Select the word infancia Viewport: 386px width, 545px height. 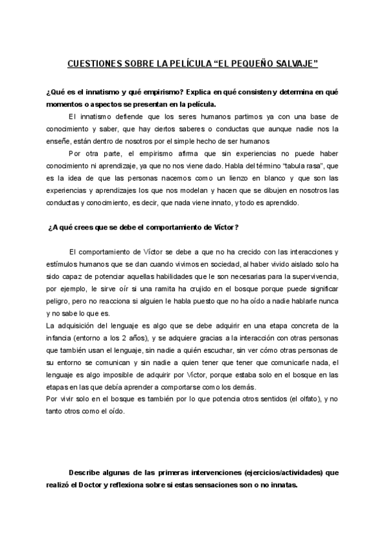60,338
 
